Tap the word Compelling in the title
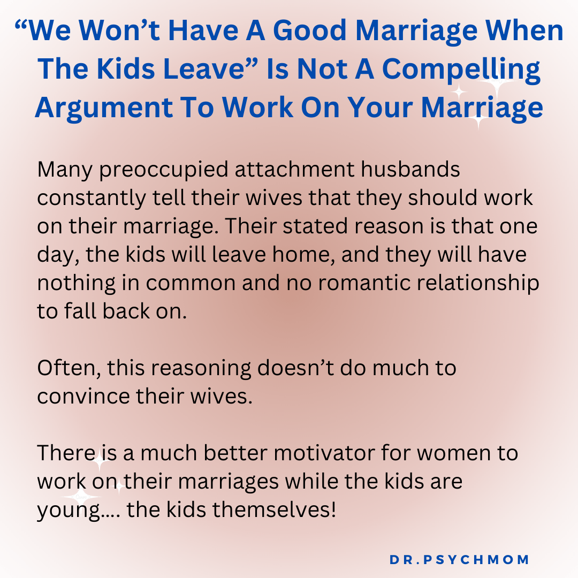tap(463, 70)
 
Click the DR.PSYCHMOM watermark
tap(459, 560)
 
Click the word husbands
tap(410, 170)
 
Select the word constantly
tap(91, 199)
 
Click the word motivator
tap(323, 453)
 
